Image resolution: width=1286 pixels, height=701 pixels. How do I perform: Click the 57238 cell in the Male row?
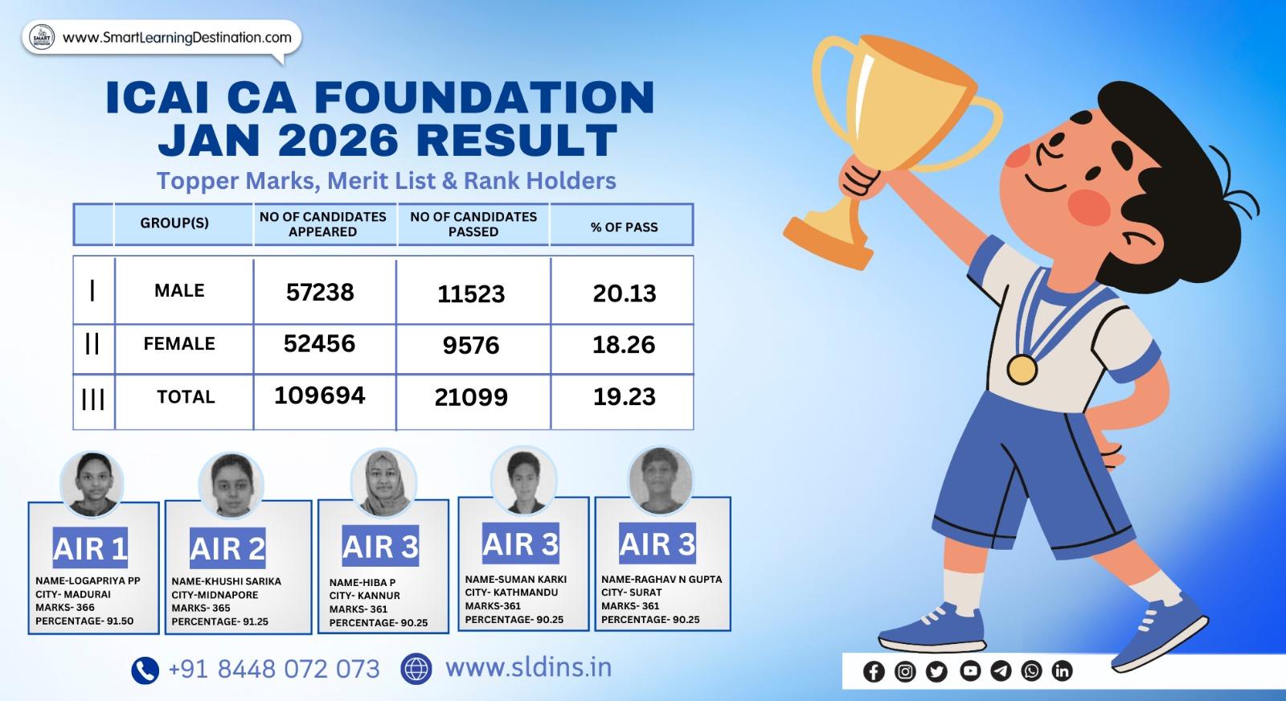[320, 292]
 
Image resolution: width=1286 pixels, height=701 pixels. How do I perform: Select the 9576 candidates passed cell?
[471, 346]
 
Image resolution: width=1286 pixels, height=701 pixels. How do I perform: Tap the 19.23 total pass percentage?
[624, 396]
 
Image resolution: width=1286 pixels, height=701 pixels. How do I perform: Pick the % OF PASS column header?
[624, 228]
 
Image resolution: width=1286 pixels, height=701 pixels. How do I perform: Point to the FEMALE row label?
[179, 344]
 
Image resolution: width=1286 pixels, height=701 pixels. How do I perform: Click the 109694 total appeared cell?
[320, 396]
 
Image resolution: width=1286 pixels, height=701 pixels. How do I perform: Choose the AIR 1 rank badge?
[90, 548]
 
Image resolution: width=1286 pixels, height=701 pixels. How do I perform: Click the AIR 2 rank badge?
[227, 549]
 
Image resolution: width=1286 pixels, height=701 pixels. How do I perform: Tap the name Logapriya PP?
[88, 581]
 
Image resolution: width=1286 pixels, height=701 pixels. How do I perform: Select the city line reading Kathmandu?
[511, 592]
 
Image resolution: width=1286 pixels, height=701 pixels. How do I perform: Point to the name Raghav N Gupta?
[661, 579]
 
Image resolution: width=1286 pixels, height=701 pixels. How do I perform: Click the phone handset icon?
[145, 670]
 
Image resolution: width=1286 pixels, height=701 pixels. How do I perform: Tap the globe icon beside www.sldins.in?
[416, 669]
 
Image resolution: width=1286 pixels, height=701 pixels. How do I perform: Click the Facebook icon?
[874, 671]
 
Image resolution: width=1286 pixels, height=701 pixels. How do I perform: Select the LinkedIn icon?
[1062, 670]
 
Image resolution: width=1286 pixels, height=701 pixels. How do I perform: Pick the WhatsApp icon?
[1031, 670]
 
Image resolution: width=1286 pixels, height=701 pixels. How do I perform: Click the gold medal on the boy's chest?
[1022, 369]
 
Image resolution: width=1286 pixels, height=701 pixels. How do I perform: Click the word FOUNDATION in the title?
[484, 97]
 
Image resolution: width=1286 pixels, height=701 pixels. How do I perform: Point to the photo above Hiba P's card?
[383, 483]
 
